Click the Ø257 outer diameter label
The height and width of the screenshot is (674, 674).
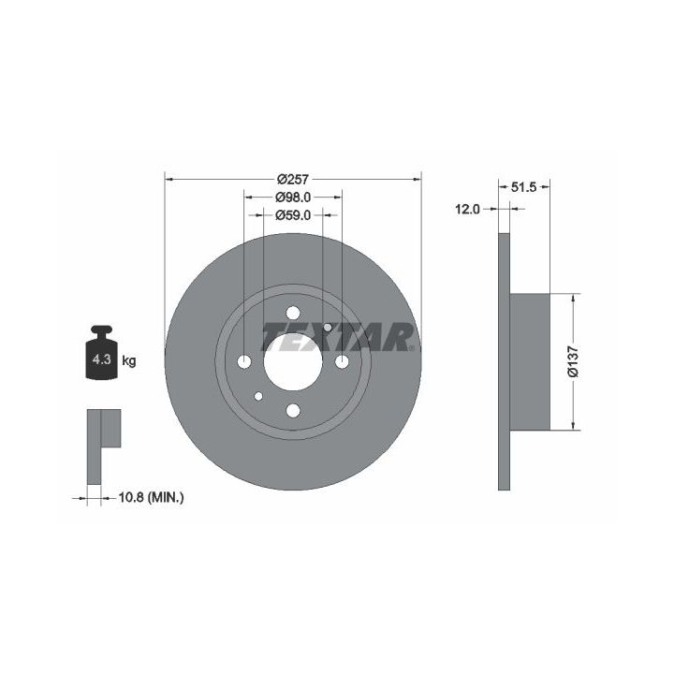coord(293,179)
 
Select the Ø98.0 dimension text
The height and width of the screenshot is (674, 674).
coord(293,197)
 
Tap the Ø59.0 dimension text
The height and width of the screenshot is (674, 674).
coord(293,214)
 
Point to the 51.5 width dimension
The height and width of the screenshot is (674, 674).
coord(524,187)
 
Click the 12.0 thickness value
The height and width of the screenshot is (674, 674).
coord(467,210)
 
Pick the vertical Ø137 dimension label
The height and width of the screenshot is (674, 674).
coord(574,361)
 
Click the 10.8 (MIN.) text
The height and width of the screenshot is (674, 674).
coord(151,498)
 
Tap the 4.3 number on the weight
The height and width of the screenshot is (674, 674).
coord(102,359)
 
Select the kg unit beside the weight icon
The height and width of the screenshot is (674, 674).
coord(129,361)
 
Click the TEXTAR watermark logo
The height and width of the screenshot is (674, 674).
coord(338,337)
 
